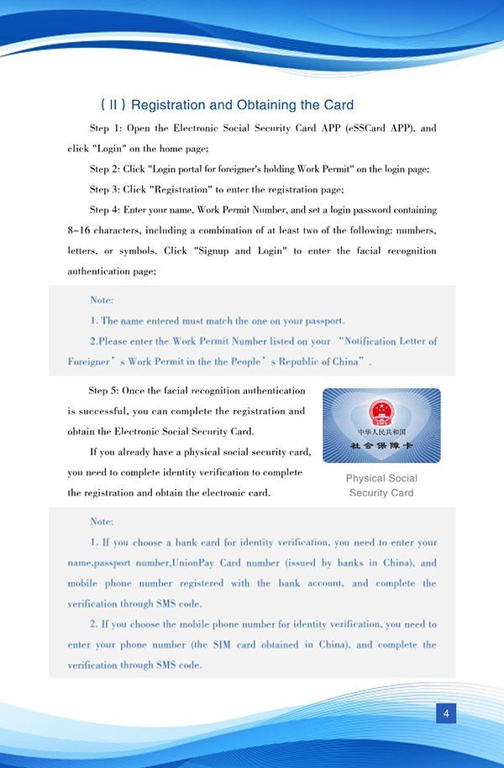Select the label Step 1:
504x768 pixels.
point(106,129)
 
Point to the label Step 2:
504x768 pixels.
point(106,169)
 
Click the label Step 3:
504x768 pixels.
point(106,189)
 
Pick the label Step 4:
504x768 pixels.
point(106,209)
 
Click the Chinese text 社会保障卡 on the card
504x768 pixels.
point(381,444)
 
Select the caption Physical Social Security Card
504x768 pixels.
point(381,486)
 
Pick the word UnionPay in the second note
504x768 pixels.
point(197,563)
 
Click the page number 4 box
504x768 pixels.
point(446,714)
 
